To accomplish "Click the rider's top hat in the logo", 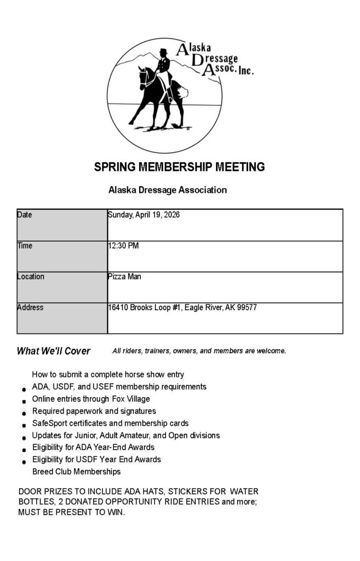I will tap(162, 53).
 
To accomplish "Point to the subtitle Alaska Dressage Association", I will tap(168, 190).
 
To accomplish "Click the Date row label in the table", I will tap(25, 215).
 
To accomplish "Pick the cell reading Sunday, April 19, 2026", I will tap(144, 215).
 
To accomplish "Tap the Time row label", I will tap(25, 245).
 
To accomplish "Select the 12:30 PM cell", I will tap(123, 245).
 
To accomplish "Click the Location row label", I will tap(31, 277).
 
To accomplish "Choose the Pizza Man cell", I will tap(124, 277).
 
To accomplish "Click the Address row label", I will tap(30, 307).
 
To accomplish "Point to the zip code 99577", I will tap(247, 307).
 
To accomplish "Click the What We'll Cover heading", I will tap(54, 351).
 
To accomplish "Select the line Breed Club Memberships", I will tap(76, 471).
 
